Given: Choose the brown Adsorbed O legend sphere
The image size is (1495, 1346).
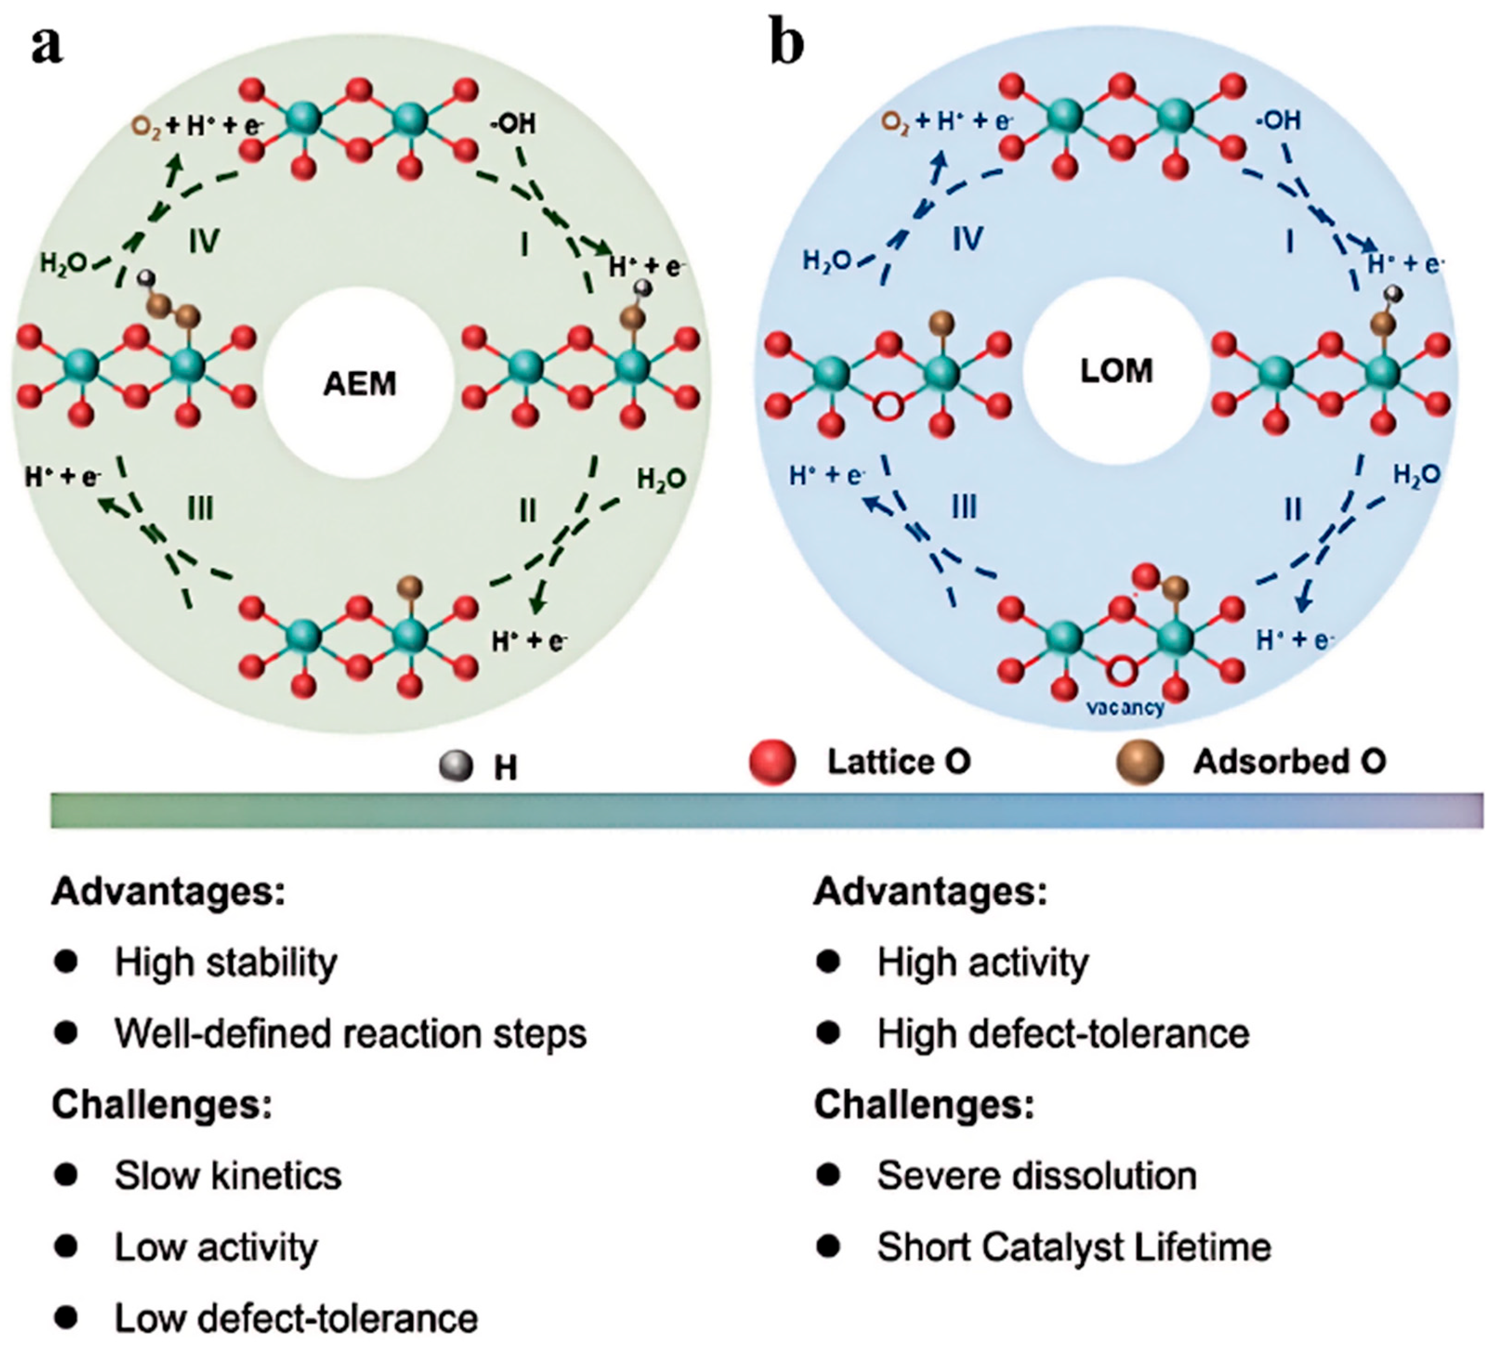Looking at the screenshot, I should tap(1140, 762).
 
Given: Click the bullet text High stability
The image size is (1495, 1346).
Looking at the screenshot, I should tap(226, 962).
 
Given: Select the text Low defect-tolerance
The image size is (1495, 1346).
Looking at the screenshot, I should tap(296, 1317).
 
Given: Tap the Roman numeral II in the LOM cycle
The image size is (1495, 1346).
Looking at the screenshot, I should tap(1293, 509).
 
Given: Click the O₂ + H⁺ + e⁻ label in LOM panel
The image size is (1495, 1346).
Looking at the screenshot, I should tap(947, 122).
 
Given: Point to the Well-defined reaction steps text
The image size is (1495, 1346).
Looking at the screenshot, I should tap(350, 1033).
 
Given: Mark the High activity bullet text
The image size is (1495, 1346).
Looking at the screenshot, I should tap(982, 962).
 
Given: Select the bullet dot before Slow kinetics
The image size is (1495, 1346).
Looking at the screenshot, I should tap(66, 1174).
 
